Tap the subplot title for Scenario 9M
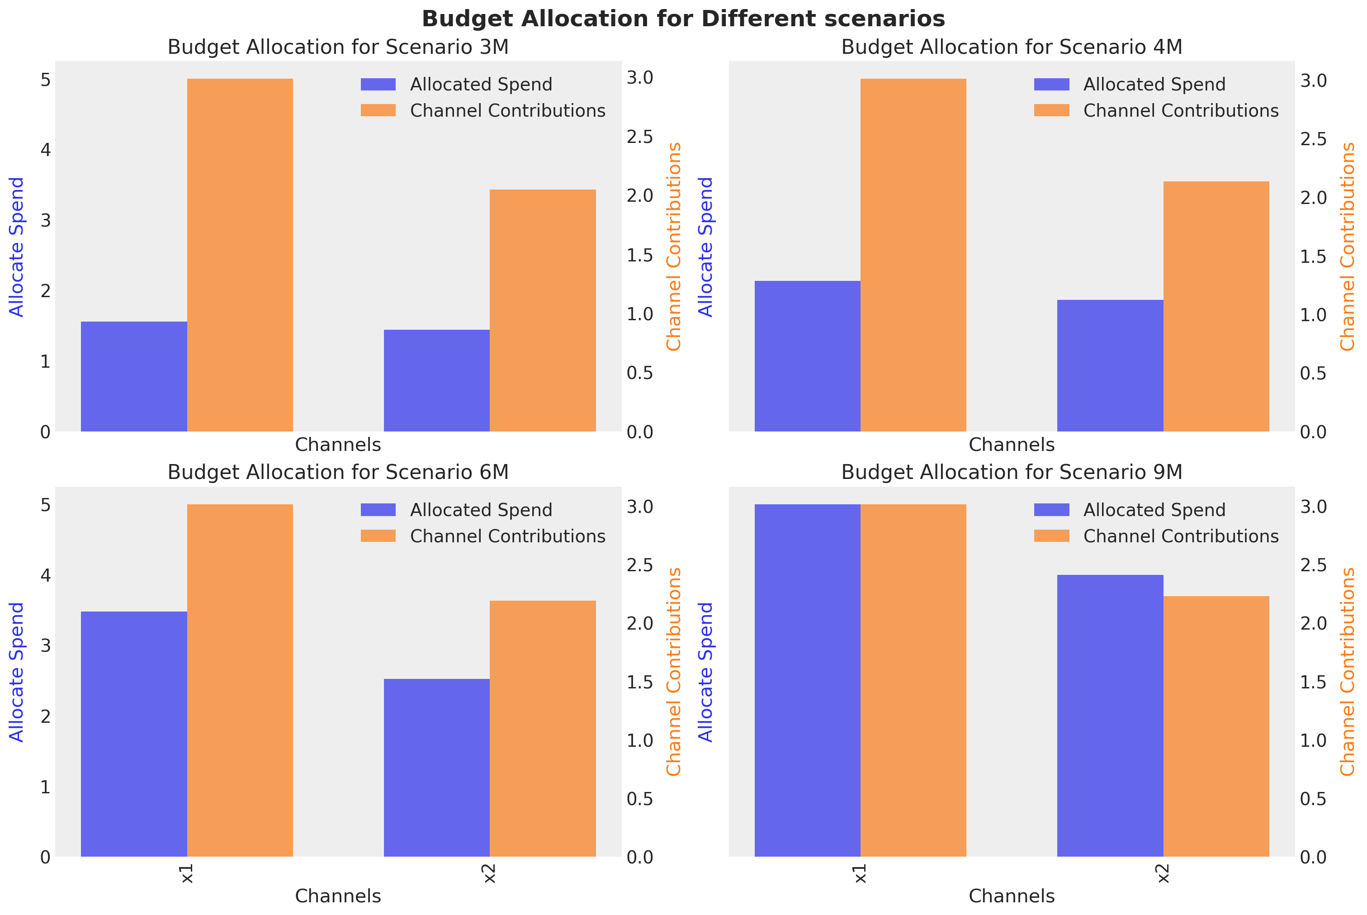point(1011,472)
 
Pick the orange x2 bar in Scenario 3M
point(543,310)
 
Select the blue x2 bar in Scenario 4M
point(1110,366)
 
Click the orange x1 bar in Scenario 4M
point(913,255)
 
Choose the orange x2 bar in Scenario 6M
point(543,729)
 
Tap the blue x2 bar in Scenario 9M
point(1110,716)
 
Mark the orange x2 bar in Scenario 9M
point(1216,726)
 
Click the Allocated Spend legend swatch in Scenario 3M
point(378,85)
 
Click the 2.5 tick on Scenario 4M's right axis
point(1313,139)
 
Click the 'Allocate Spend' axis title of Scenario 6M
point(17,672)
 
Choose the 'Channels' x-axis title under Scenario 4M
point(1011,445)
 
